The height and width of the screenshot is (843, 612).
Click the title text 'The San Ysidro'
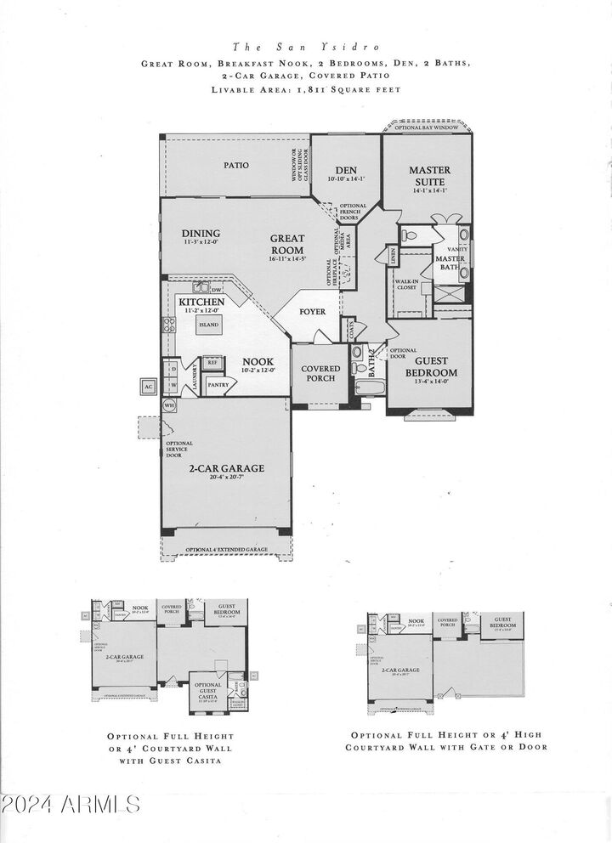305,48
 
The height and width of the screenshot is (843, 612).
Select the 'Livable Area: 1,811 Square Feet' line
305,89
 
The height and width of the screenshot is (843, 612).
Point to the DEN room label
345,169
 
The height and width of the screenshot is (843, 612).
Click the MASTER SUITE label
429,175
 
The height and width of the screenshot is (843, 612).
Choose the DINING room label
201,234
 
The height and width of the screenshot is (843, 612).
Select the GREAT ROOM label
287,244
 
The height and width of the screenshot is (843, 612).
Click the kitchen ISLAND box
209,325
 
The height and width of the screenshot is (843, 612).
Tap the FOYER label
312,312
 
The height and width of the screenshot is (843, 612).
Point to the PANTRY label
218,385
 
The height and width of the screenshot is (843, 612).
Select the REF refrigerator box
212,361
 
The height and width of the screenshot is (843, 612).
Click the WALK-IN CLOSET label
407,283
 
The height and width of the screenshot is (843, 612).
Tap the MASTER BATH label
448,263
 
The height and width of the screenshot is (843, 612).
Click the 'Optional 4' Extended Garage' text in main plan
228,550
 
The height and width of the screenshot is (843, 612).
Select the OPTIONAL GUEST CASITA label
207,688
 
